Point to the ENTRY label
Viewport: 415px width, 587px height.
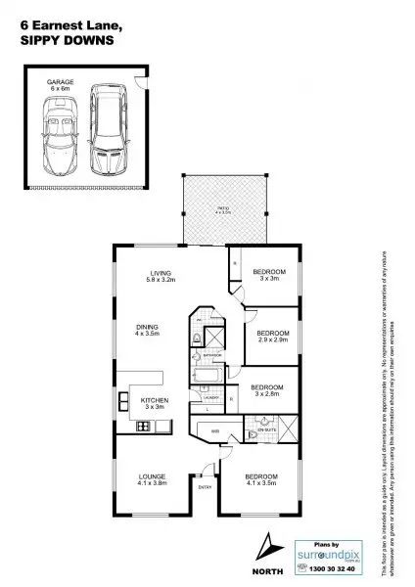pyautogui.click(x=206, y=486)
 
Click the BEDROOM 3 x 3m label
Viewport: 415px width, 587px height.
pyautogui.click(x=268, y=274)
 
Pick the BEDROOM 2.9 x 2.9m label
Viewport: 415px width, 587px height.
pyautogui.click(x=273, y=336)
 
